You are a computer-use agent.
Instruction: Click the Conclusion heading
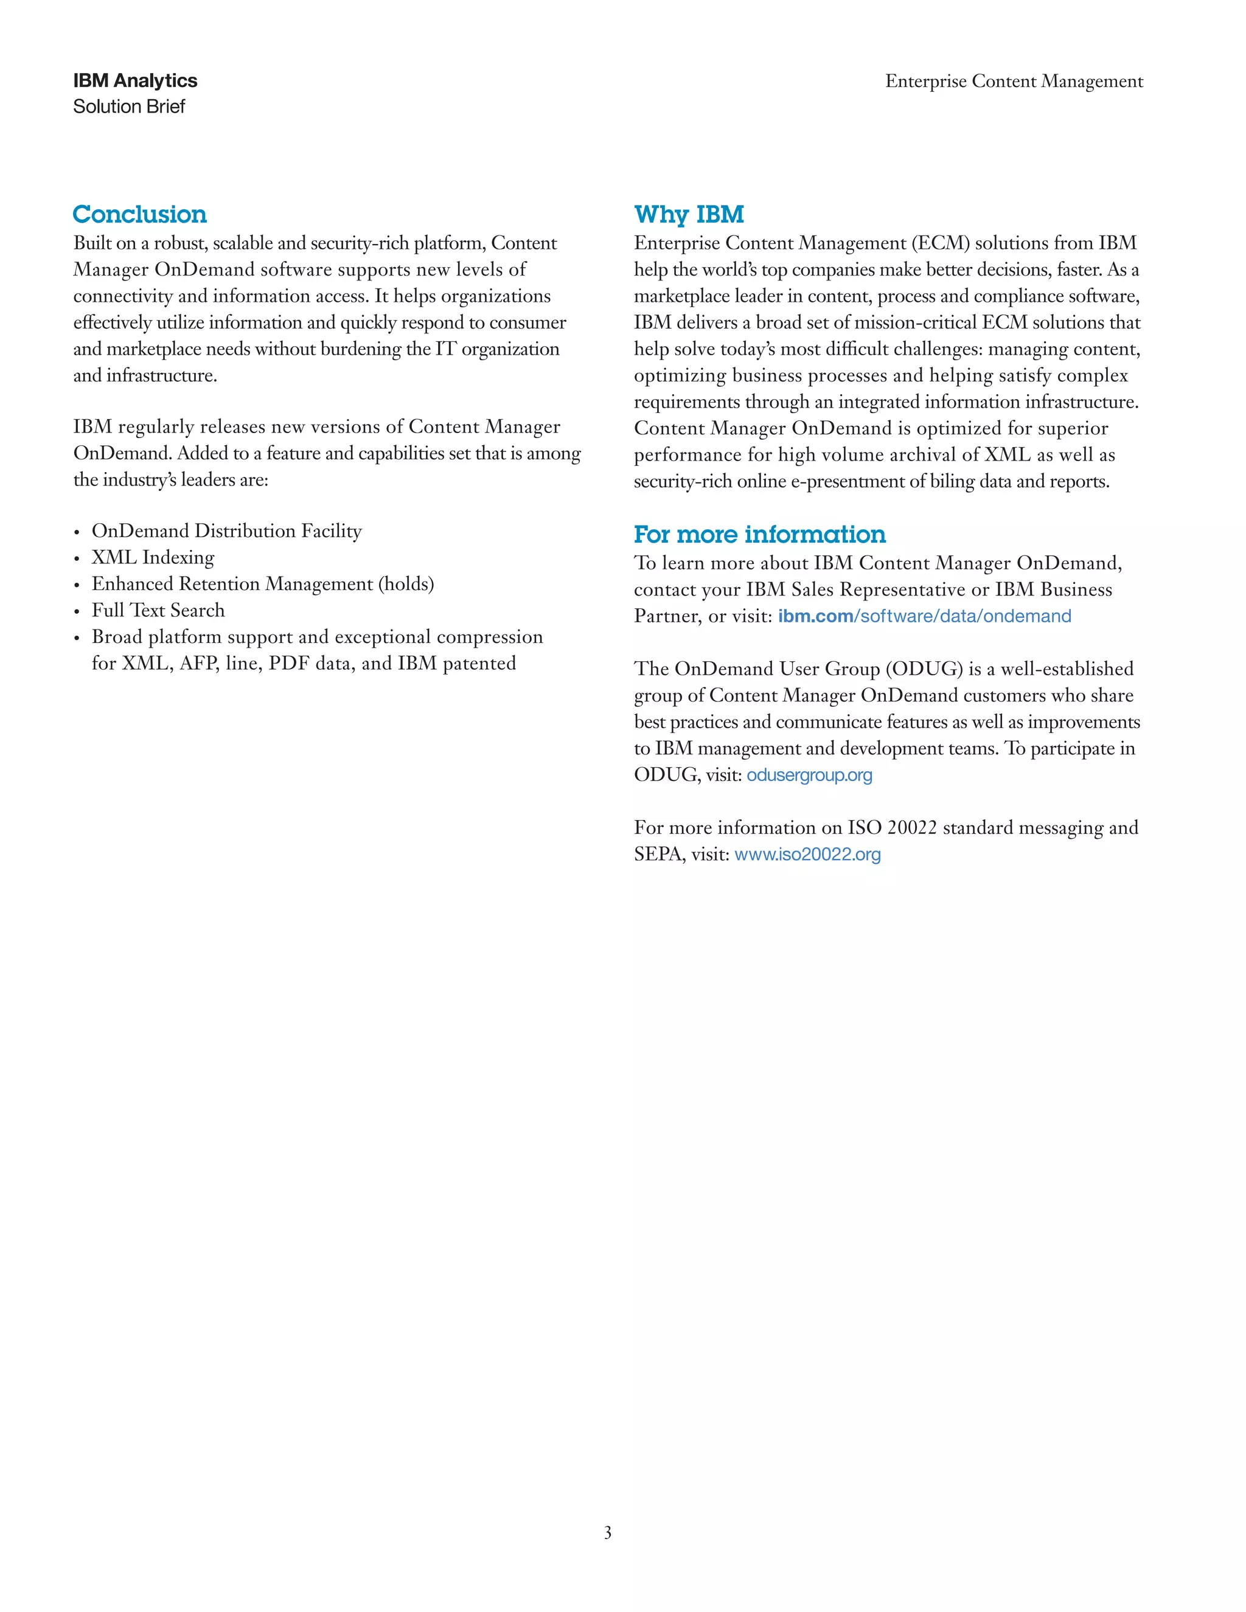[x=139, y=214]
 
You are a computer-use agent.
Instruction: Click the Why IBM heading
[x=688, y=214]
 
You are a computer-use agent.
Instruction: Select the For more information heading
[x=759, y=533]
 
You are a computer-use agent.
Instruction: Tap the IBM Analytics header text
[x=135, y=80]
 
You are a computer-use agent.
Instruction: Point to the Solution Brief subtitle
[x=129, y=106]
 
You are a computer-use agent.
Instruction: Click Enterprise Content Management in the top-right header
[x=1014, y=81]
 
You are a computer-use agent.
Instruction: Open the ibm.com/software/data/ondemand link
[x=924, y=616]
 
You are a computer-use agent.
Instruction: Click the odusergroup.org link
[x=809, y=775]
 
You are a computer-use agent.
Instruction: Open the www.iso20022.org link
[x=807, y=855]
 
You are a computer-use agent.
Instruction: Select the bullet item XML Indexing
[x=153, y=557]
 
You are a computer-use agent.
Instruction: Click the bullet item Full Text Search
[x=158, y=610]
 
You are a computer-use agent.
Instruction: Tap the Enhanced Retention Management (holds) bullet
[x=263, y=584]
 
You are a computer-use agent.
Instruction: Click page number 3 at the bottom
[x=608, y=1533]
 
